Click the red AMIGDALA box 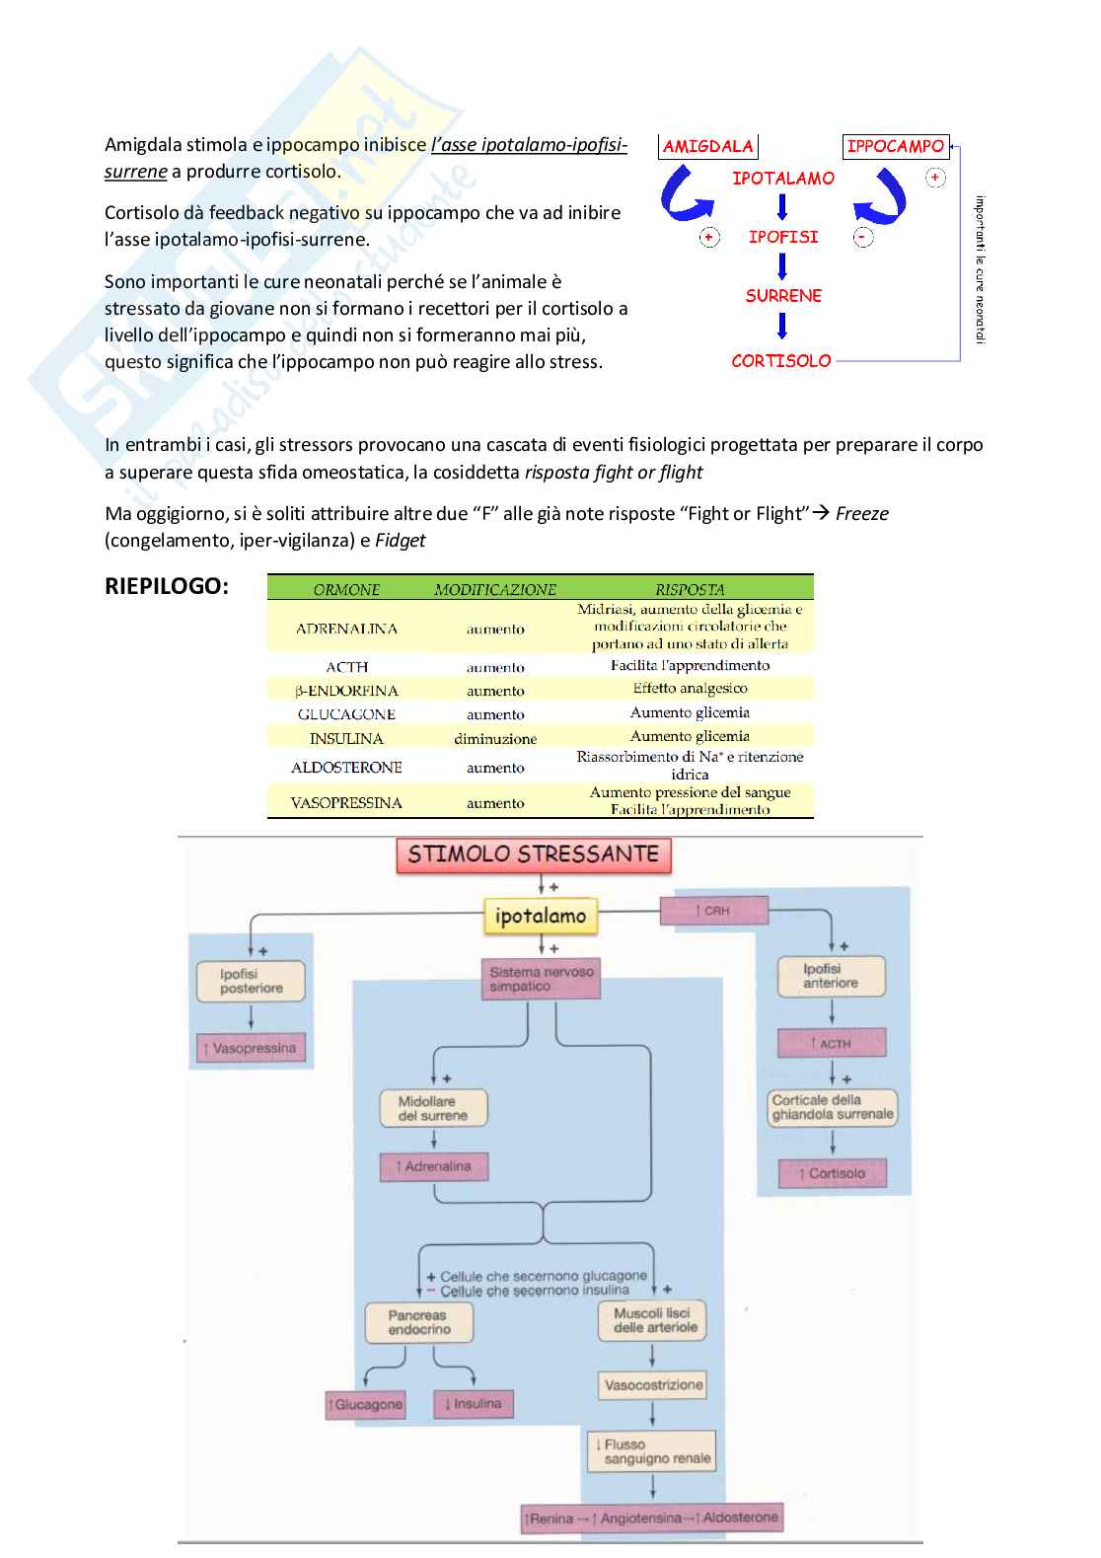coord(707,147)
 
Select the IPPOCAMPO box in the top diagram coord(895,146)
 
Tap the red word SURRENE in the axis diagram coord(783,296)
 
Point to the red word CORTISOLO coord(781,361)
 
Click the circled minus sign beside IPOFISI coord(863,237)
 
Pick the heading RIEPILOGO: coord(166,586)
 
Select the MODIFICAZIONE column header coord(495,590)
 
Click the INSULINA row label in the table coord(346,738)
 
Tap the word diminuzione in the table coord(495,738)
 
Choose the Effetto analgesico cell coord(690,689)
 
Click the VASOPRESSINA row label coord(346,803)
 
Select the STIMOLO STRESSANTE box coord(534,854)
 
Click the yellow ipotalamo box coord(541,916)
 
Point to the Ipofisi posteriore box coord(251,981)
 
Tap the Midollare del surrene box coord(433,1108)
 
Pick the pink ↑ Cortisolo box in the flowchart coord(833,1173)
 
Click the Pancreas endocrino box coord(418,1322)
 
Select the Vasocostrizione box coord(653,1385)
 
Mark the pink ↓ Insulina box coord(474,1404)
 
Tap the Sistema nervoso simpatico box coord(542,979)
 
